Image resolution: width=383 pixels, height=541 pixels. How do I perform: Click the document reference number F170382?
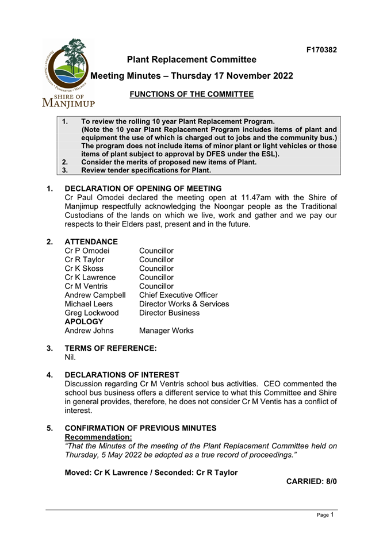[x=321, y=50]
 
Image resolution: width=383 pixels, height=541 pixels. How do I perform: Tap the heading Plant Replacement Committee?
[x=191, y=60]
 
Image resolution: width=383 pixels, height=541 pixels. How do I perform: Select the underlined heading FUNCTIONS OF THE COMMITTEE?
[x=191, y=94]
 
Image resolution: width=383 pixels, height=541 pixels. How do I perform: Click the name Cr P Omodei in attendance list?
[x=87, y=251]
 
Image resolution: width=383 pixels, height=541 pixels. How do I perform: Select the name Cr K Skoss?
[x=84, y=268]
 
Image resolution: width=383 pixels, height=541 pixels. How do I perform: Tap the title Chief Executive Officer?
[x=178, y=295]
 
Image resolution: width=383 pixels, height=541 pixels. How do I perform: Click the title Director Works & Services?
[x=184, y=304]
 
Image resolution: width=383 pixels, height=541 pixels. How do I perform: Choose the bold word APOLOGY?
[x=84, y=321]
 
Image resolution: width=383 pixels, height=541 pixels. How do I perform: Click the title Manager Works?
[x=166, y=331]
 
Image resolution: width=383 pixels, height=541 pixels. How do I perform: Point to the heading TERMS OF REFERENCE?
[x=110, y=348]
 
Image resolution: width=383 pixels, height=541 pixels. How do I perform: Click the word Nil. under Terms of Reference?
[x=70, y=357]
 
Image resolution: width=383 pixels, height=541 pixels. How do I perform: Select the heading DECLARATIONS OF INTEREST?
[x=122, y=375]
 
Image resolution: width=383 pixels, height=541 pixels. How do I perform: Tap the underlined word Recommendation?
[x=98, y=437]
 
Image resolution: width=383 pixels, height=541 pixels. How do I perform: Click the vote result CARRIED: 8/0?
[x=311, y=481]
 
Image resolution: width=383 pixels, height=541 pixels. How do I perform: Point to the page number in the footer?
[x=332, y=515]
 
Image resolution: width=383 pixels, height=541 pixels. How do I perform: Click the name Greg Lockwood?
[x=91, y=313]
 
